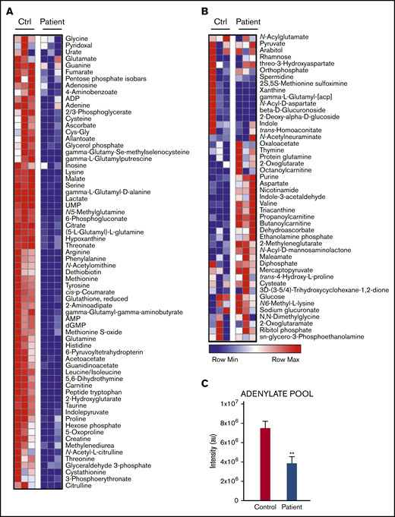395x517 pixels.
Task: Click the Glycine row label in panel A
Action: pyautogui.click(x=77, y=39)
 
